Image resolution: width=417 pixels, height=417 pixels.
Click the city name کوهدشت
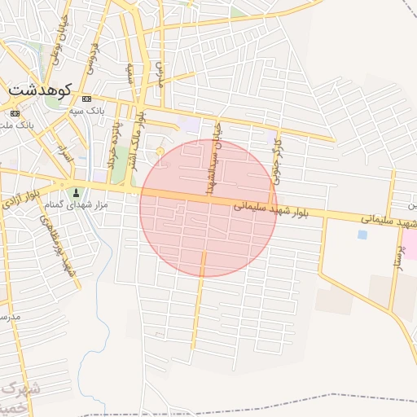coord(41,89)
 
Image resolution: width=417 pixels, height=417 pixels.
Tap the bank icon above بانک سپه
coord(87,99)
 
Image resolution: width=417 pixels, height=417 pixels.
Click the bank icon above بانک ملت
coord(15,113)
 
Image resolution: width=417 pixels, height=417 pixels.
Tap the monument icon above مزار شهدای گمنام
coord(77,193)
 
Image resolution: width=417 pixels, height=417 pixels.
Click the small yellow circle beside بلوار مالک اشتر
coord(160,151)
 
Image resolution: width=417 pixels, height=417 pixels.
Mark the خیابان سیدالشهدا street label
coord(214,160)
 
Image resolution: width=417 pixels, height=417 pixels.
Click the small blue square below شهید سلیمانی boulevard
coord(362,235)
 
